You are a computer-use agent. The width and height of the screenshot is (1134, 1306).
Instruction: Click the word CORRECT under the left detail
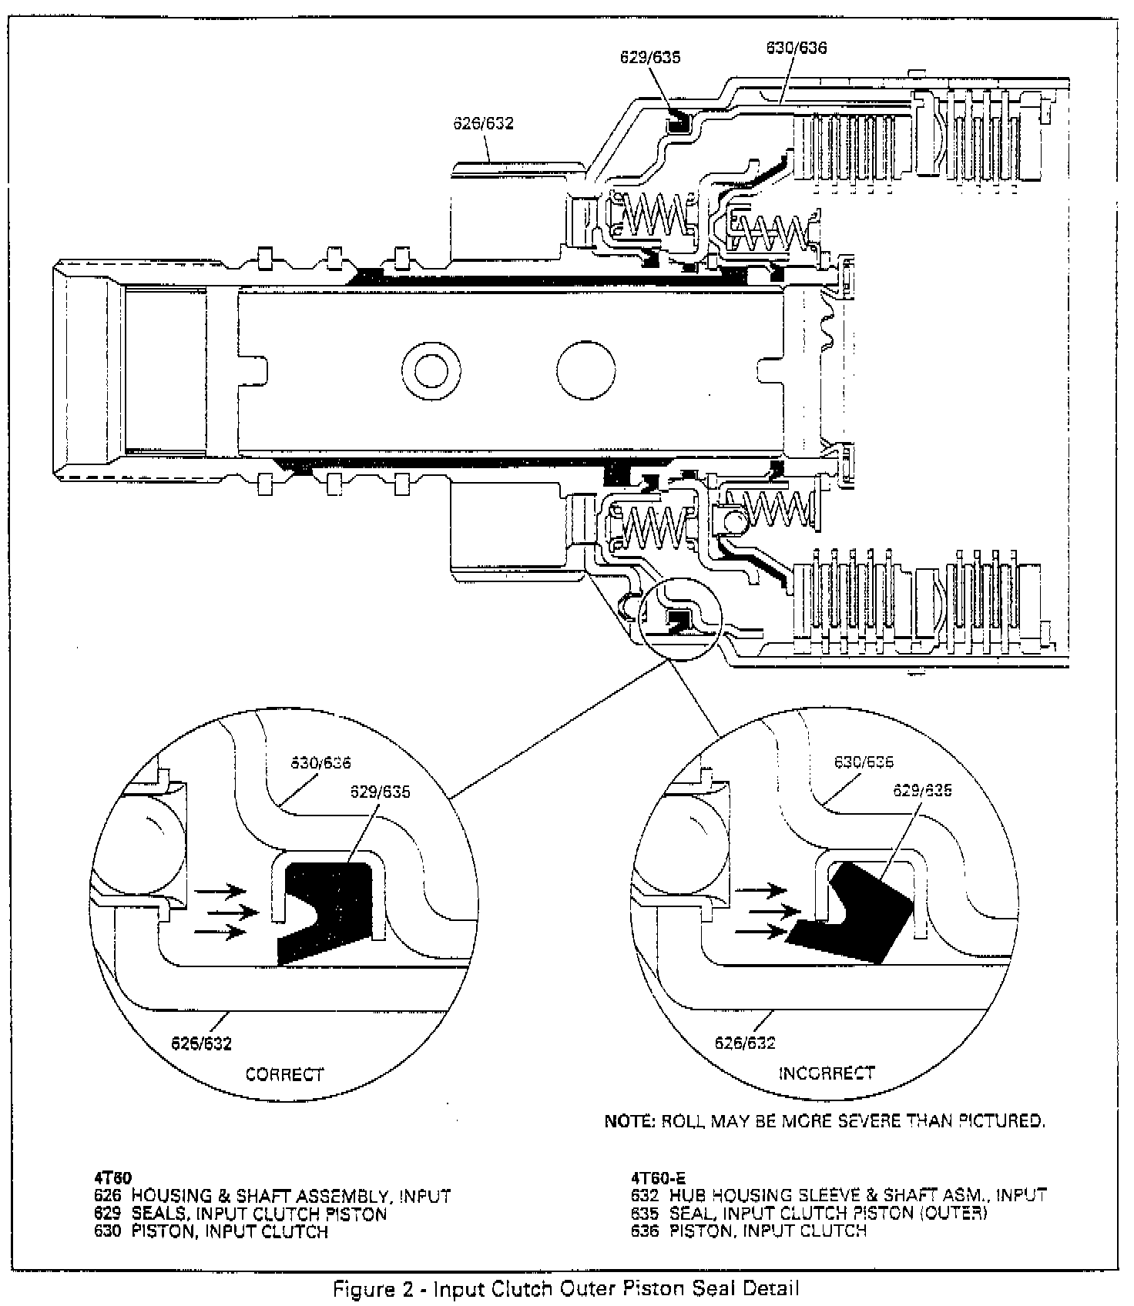(x=284, y=1074)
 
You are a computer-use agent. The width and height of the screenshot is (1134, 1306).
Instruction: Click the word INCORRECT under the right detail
(x=826, y=1073)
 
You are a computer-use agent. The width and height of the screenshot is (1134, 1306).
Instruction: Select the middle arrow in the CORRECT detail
(x=233, y=912)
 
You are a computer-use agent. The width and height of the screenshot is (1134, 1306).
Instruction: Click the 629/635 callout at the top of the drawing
(x=651, y=57)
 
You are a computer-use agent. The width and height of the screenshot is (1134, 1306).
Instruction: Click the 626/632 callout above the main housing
(x=483, y=123)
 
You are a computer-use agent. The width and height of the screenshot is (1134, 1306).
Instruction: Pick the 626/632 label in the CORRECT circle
(x=201, y=1043)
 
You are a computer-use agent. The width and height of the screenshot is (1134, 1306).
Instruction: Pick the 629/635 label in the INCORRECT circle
(x=922, y=790)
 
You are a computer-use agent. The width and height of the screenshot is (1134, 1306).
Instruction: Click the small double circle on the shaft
(x=431, y=369)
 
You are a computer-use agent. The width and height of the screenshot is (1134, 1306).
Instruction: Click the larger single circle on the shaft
(x=586, y=370)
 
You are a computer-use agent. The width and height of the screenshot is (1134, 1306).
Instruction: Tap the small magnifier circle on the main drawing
(x=679, y=620)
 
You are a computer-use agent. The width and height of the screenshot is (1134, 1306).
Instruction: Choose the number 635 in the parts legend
(x=644, y=1213)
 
